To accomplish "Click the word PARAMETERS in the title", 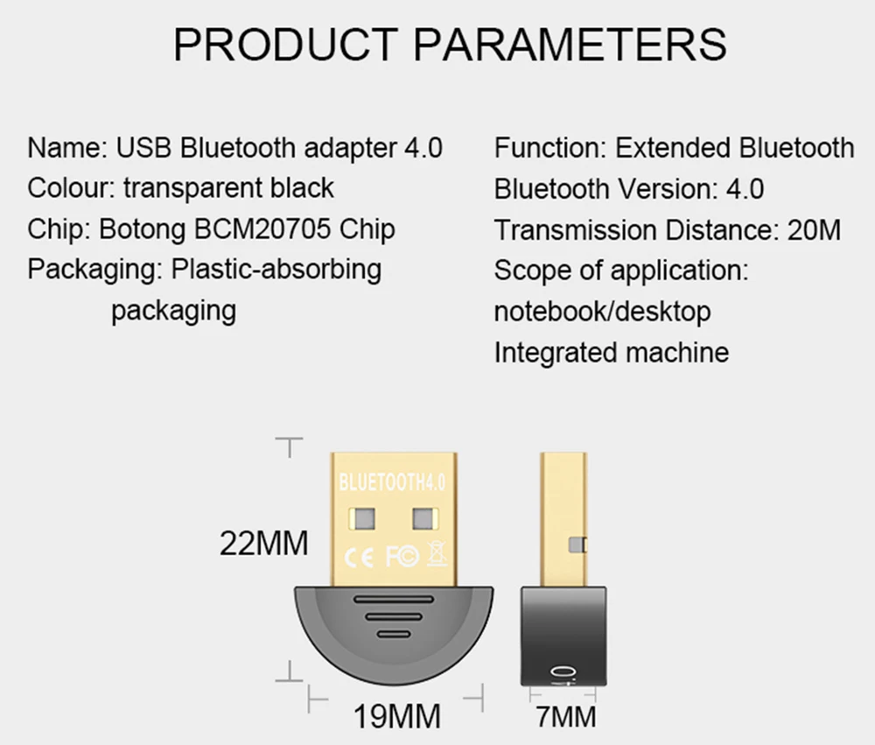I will [x=569, y=44].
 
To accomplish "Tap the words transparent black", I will [x=228, y=188].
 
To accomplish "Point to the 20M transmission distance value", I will [x=814, y=230].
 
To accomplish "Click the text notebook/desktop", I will [x=602, y=312].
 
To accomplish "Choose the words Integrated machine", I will [x=611, y=353].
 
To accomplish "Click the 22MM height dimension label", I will [x=263, y=544].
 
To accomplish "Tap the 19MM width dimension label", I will [x=397, y=717].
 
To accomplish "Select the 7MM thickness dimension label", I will [x=566, y=717].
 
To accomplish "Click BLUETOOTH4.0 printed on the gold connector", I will [x=392, y=481].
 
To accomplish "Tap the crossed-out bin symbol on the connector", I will [x=435, y=554].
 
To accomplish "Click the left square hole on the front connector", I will [x=362, y=518].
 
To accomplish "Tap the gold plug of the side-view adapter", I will [x=563, y=517].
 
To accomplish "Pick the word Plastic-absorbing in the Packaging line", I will [x=276, y=270].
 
